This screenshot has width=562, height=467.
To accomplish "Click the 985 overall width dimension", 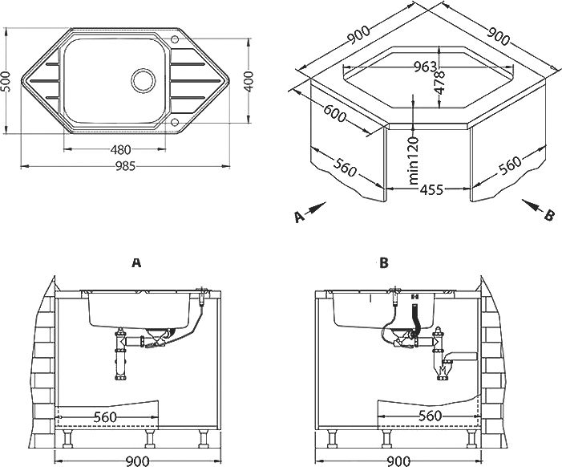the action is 125,166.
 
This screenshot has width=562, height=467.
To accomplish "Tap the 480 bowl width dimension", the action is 120,148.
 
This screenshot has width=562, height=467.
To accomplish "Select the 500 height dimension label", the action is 6,82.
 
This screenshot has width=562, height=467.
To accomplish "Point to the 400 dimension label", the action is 248,82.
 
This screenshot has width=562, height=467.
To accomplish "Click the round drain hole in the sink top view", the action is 144,79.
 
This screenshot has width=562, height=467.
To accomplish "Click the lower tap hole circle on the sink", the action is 175,122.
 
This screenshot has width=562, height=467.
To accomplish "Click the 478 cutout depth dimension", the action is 439,83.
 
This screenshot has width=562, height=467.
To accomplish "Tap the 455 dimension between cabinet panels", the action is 431,189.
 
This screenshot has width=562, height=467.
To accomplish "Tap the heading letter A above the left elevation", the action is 136,263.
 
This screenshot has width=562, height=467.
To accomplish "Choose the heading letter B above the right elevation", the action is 384,263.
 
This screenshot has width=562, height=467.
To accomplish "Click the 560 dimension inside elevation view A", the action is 105,417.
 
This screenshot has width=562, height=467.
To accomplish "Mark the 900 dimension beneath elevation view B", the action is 398,461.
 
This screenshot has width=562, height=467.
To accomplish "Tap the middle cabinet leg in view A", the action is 149,438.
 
